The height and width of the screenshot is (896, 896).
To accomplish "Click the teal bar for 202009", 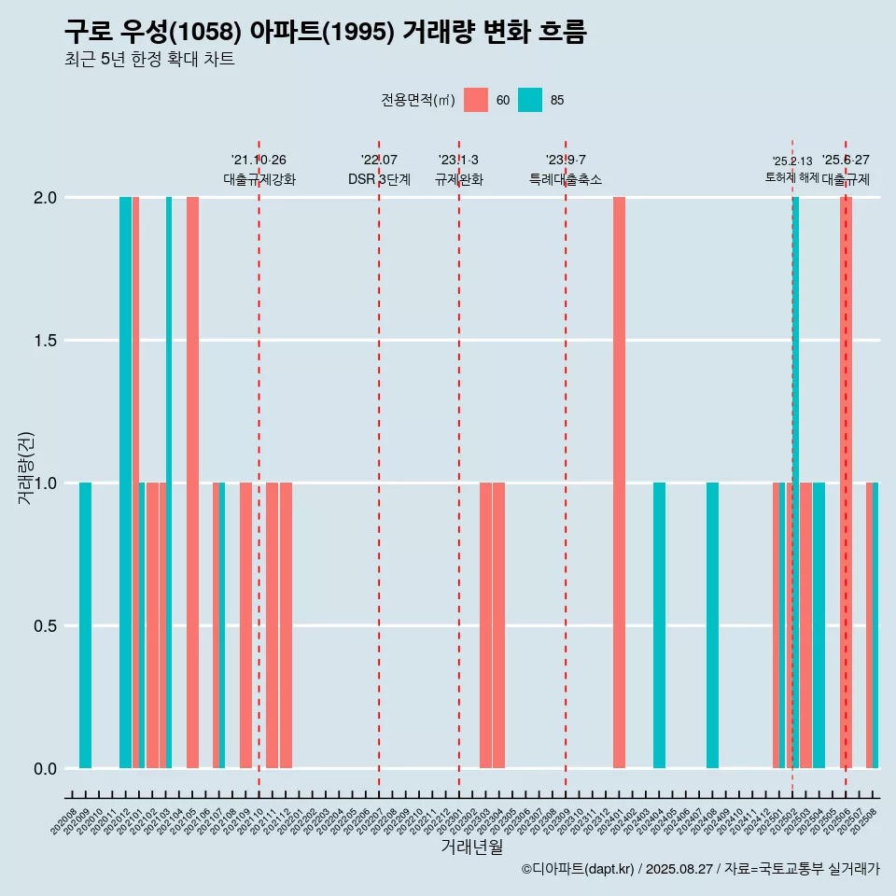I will coord(85,625).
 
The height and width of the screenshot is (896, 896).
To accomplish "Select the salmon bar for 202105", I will coord(192,483).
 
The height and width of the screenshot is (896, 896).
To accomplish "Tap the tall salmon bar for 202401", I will coord(619,483).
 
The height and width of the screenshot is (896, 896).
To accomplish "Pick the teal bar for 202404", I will coord(659,625).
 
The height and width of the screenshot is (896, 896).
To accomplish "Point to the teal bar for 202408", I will coord(712,625).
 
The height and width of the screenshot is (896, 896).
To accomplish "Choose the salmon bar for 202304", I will coord(499,625).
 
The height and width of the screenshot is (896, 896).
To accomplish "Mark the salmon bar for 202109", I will coord(245,625).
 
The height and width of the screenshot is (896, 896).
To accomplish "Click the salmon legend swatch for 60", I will coord(476,100).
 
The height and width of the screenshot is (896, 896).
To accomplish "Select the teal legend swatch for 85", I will coord(530,100).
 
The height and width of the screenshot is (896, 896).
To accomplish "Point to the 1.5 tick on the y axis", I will coord(45,341).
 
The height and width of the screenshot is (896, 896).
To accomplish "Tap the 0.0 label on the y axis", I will coord(45,769).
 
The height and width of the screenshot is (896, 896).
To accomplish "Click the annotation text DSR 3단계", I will coord(379,179).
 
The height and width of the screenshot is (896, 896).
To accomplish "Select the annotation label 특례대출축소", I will coord(566,179).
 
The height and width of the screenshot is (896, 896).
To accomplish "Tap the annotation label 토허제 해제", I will coord(791,177).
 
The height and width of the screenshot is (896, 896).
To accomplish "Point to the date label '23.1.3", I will coord(458,161).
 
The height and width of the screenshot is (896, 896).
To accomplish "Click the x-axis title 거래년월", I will coord(471,847).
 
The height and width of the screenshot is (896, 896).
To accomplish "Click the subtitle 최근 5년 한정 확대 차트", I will coord(149,60).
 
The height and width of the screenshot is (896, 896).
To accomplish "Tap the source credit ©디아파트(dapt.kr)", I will coord(578,869).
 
